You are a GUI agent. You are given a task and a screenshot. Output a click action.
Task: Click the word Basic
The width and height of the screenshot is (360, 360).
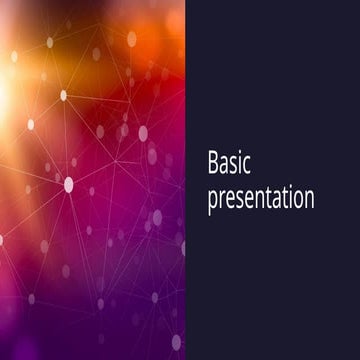[232, 164]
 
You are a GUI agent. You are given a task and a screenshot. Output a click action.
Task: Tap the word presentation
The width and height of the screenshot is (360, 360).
[261, 198]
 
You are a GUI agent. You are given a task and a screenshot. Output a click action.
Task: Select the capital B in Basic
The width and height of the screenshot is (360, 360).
[214, 164]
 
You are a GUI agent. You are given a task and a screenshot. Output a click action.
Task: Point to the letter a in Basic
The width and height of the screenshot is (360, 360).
[227, 166]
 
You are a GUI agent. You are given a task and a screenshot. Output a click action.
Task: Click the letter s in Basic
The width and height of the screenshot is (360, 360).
[238, 166]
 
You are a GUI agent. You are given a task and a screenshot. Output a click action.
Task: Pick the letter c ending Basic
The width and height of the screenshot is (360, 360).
[253, 166]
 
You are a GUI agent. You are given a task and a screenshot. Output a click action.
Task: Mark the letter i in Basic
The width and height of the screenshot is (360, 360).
[246, 165]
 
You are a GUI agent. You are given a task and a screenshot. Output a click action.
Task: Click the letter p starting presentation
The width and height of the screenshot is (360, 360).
[212, 200]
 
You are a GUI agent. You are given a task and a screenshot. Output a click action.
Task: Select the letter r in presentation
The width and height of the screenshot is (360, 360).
[222, 198]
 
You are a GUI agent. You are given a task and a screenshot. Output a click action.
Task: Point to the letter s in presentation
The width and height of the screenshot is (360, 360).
[241, 198]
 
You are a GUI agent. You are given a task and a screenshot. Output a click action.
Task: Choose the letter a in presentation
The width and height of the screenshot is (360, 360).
[272, 198]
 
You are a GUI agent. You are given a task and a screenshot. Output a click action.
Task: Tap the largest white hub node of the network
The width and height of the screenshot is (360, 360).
[69, 184]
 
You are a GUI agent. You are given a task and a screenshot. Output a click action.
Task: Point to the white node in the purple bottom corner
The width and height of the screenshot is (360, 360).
[176, 342]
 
